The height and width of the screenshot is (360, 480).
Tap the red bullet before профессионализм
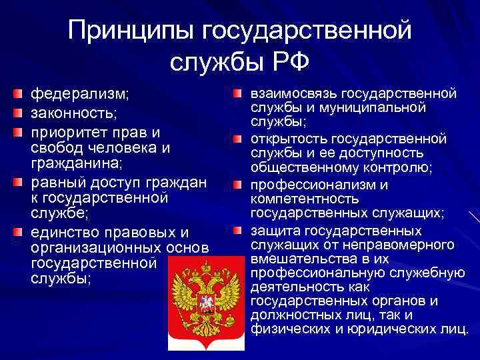click(239, 184)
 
